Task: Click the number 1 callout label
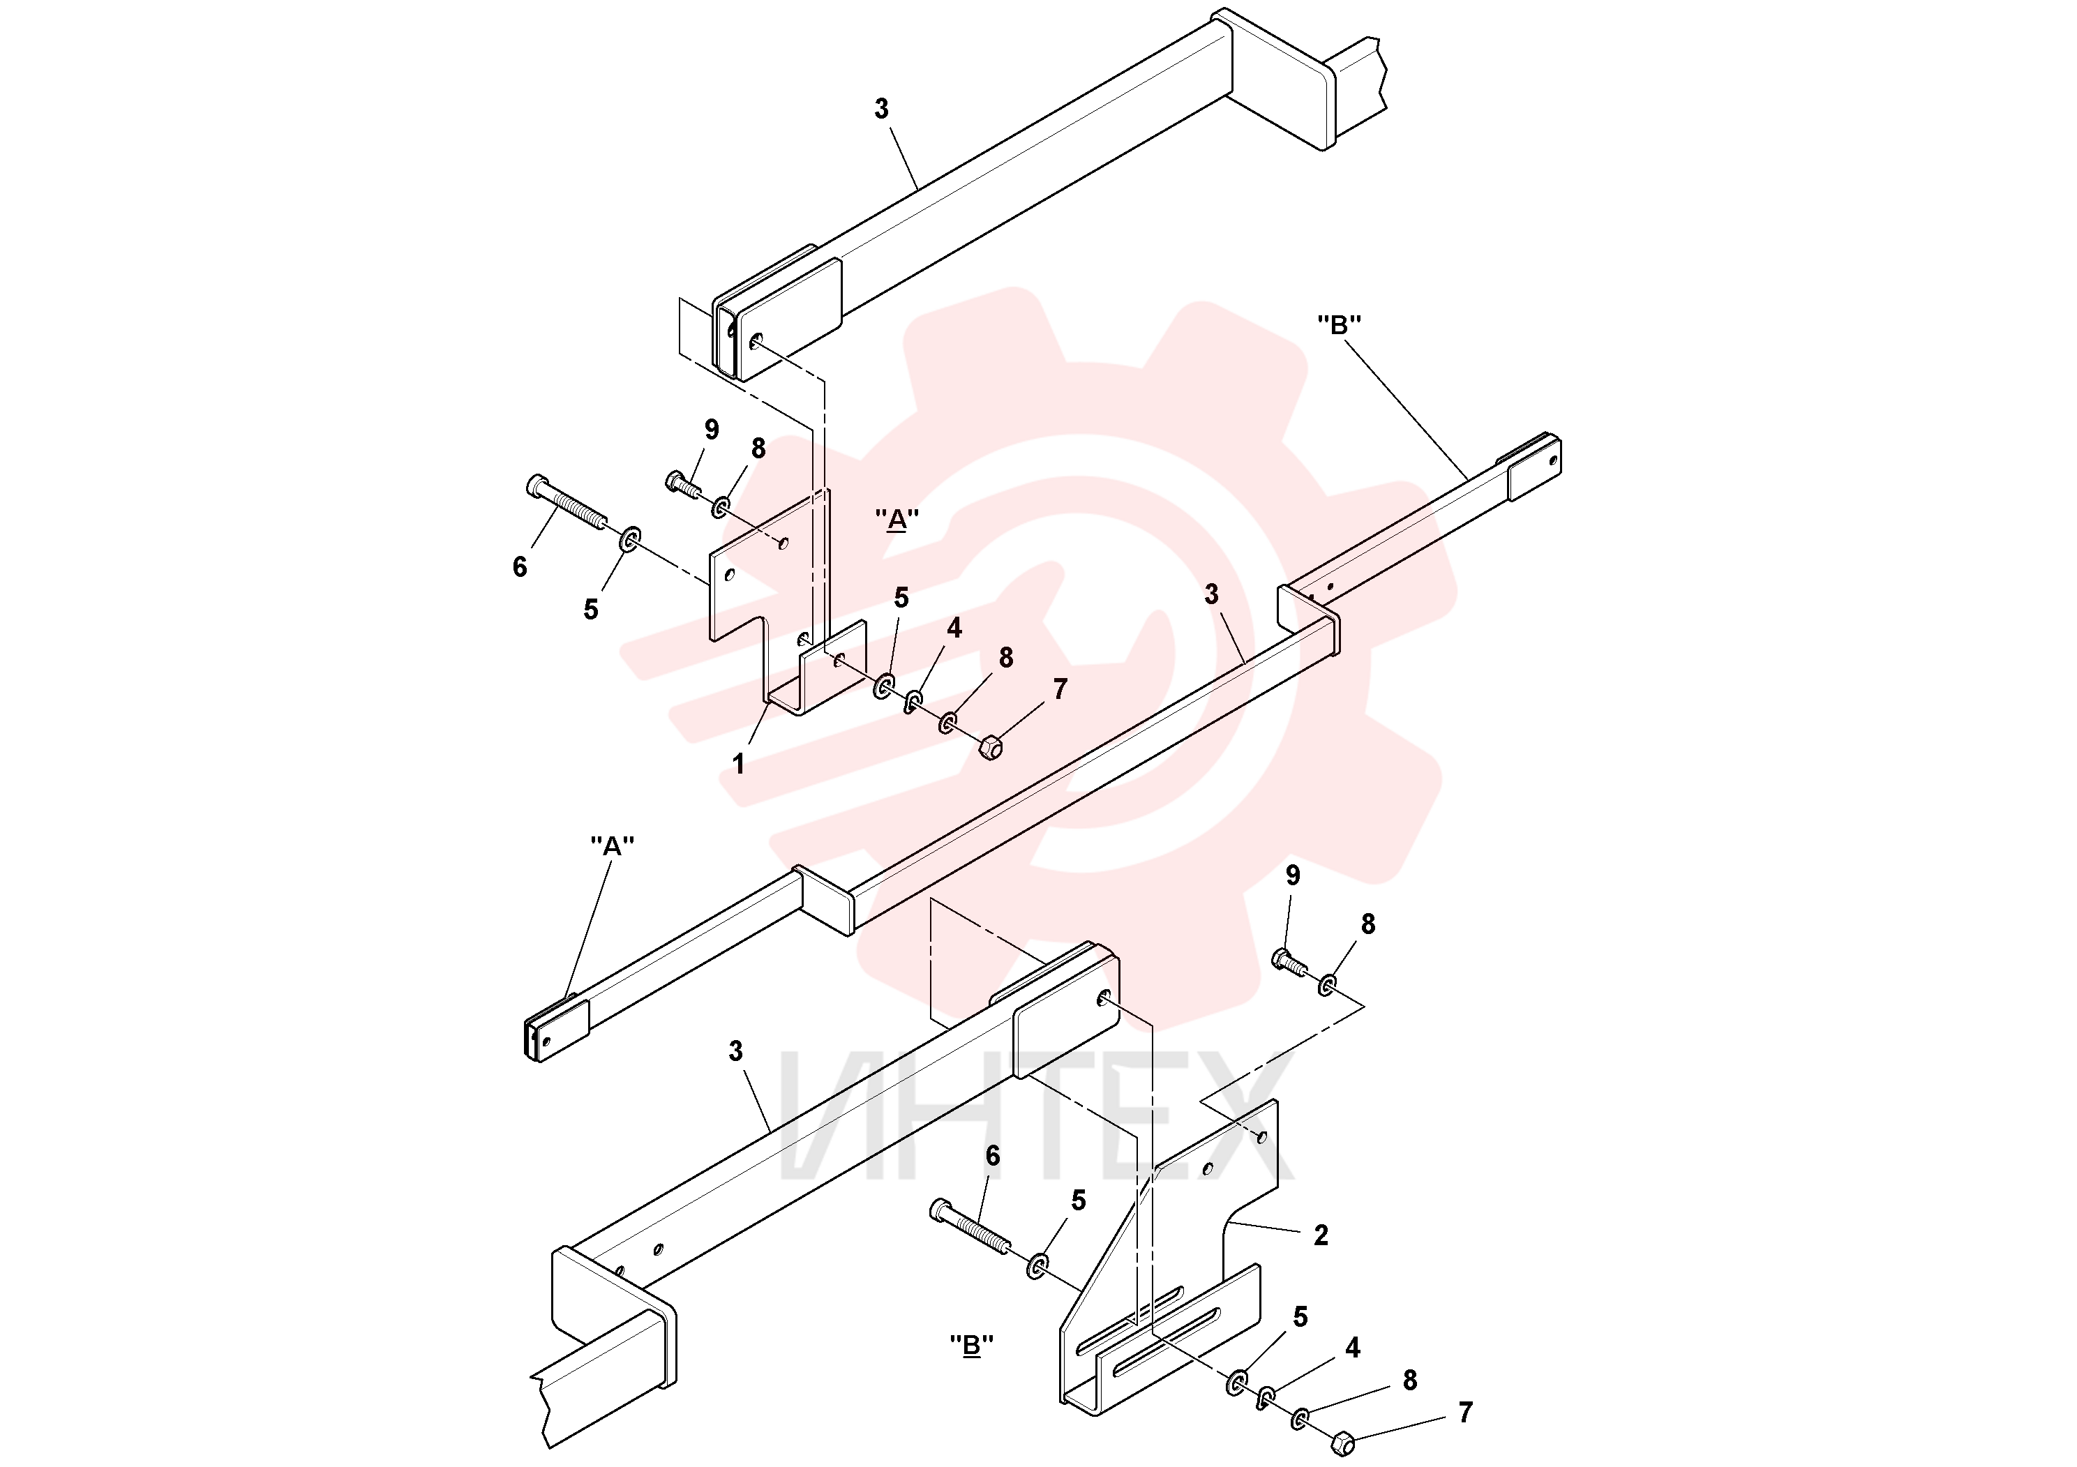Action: [738, 765]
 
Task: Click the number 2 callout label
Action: [1321, 1235]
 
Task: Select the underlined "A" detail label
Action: [897, 520]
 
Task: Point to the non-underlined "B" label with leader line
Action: [1340, 324]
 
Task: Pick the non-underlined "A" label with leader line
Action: [613, 845]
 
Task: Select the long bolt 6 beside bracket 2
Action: [970, 1227]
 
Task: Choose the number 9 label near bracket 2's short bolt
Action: [1293, 875]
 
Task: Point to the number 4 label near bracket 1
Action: [954, 629]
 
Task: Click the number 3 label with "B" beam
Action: [1211, 594]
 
